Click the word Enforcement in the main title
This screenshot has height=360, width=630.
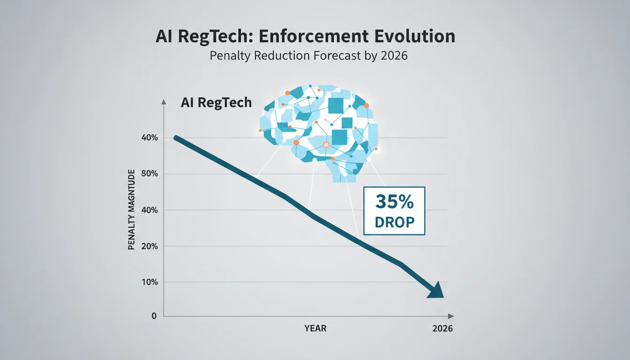click(314, 36)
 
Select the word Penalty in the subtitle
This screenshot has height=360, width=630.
click(230, 56)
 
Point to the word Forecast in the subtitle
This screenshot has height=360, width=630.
click(337, 55)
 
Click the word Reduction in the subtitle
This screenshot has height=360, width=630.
click(282, 55)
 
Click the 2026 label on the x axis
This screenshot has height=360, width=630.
click(442, 329)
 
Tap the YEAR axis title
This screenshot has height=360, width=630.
click(315, 328)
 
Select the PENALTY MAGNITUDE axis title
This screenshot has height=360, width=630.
click(131, 210)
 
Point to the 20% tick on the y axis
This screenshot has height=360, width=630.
click(150, 247)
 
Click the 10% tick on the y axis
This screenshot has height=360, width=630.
click(150, 282)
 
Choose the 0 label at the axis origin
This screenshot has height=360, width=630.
click(154, 316)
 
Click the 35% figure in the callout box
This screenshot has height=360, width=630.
click(394, 202)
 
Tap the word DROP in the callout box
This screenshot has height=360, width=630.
click(395, 222)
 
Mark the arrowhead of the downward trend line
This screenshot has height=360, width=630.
click(436, 291)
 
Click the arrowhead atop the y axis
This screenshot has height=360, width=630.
click(164, 102)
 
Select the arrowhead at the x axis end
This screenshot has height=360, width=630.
click(451, 316)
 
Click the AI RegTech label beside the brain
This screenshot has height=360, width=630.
click(216, 102)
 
